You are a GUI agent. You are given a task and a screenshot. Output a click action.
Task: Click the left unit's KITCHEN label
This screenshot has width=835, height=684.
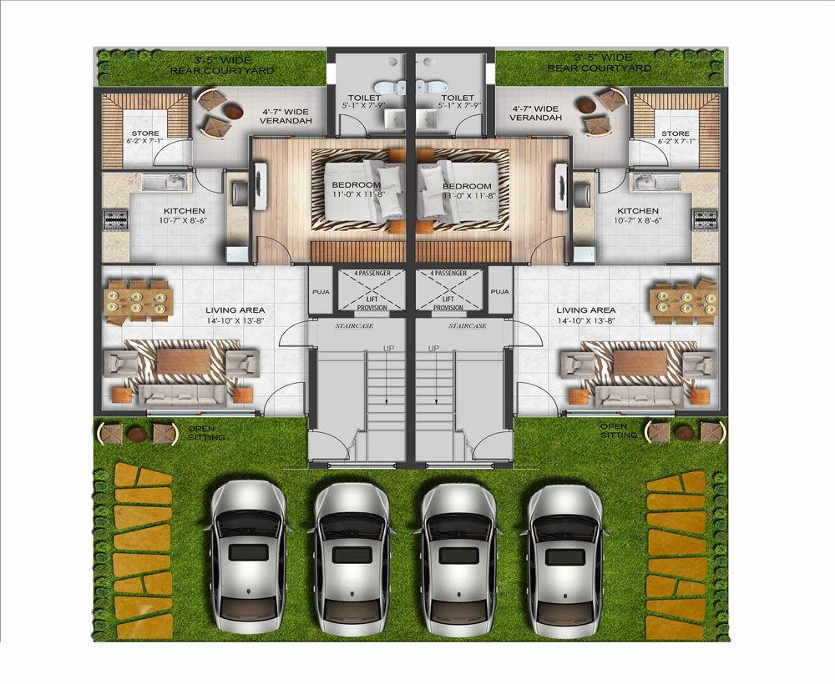184,211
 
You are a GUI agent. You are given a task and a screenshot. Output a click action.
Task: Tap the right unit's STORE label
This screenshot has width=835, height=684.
676,133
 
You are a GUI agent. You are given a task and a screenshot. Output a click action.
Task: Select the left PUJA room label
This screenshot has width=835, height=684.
321,291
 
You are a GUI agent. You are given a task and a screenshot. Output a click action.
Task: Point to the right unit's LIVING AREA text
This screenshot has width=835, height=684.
586,309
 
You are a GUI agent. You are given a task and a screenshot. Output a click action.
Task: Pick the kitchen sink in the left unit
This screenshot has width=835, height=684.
165,183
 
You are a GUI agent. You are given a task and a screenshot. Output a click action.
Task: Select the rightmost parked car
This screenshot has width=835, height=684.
568,559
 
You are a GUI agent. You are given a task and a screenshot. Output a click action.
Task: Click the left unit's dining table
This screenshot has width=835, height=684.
138,302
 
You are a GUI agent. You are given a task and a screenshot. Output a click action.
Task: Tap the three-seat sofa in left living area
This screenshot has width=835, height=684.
183,395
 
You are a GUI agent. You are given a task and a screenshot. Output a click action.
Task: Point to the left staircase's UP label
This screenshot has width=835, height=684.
389,349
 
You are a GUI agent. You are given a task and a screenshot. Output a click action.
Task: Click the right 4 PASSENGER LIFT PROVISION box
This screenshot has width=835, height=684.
448,290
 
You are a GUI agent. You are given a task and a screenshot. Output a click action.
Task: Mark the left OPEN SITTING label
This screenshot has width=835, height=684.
204,432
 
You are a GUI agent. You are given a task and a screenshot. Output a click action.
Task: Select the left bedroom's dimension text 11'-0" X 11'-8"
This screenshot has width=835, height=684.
358,194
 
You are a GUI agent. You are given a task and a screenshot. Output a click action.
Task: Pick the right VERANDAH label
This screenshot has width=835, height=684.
535,118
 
